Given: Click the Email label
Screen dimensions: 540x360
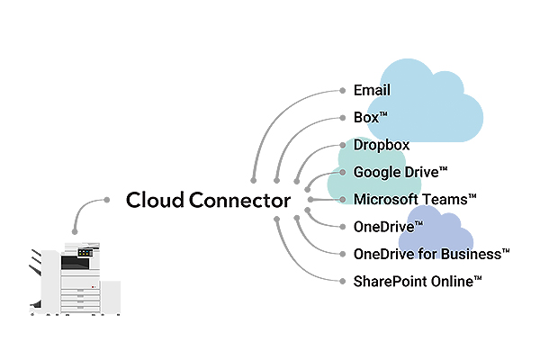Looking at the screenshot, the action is [x=372, y=90].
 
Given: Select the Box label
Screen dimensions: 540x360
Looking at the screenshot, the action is [x=370, y=118].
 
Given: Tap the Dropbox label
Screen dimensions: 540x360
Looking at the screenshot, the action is [x=382, y=145].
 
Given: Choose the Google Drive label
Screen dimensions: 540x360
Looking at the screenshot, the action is [x=400, y=172].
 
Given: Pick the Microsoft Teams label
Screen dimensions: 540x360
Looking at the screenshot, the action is [x=415, y=200].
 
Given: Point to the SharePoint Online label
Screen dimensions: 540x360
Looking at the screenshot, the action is [x=418, y=282].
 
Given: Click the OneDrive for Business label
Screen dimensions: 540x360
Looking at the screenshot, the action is [x=431, y=254].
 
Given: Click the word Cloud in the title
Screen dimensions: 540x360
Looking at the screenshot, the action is [x=155, y=200].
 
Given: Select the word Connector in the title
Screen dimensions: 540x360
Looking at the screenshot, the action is [x=239, y=200].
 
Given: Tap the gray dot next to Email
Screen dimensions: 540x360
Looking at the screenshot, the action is [x=342, y=91].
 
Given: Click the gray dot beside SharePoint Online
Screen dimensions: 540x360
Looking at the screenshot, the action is [x=342, y=282].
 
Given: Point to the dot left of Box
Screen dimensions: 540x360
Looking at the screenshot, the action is [x=342, y=118].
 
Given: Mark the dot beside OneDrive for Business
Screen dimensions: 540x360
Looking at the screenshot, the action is [x=342, y=254].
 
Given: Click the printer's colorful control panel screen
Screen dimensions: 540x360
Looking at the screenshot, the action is [x=85, y=253].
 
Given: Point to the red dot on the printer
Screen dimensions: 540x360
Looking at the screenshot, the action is [x=93, y=287].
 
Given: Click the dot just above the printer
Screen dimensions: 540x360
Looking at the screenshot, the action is [x=75, y=231].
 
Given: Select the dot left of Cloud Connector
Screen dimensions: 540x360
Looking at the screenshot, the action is [x=107, y=200].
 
